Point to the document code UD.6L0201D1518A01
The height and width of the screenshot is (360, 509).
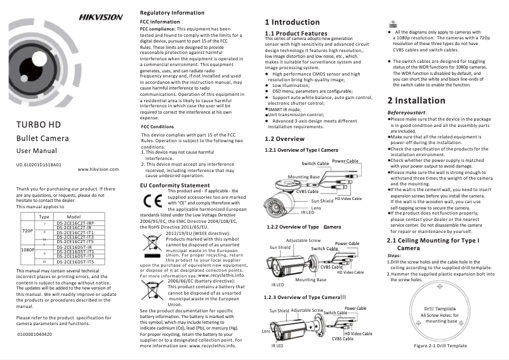point(39,164)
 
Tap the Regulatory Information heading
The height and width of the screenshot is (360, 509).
point(172,13)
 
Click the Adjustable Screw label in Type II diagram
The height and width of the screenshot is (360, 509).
point(303,241)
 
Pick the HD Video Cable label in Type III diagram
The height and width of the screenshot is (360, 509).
point(358,333)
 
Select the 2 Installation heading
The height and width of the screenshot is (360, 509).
point(416,100)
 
